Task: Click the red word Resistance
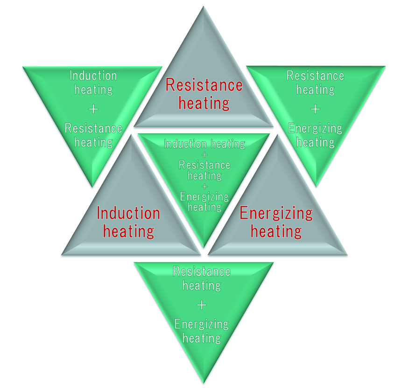coord(204,85)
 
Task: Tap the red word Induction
coord(128,214)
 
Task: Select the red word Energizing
coord(276,214)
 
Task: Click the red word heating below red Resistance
coord(204,103)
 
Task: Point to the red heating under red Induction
coord(128,231)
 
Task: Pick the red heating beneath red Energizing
coord(276,231)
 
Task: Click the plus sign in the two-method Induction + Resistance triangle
coord(93,109)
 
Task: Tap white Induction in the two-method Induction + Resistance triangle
coord(93,76)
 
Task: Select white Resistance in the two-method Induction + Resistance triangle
coord(93,128)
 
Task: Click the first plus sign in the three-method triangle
coord(204,154)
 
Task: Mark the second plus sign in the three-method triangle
coord(204,186)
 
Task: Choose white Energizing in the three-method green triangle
coord(204,196)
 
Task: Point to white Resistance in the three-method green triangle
coord(204,165)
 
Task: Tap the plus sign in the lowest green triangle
coord(202,305)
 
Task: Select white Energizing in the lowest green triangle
coord(202,324)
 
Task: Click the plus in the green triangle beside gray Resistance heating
coord(316,109)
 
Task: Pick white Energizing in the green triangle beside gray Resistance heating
coord(316,128)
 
